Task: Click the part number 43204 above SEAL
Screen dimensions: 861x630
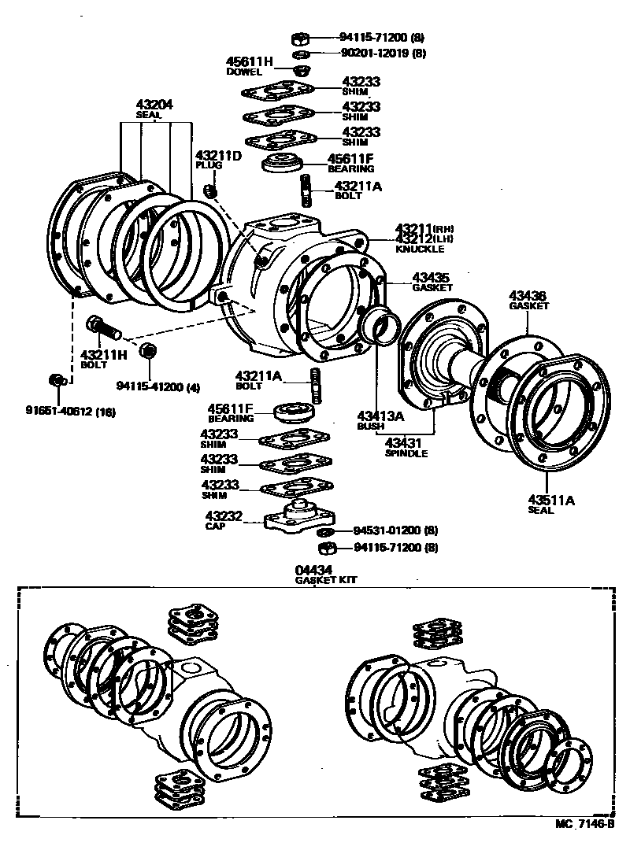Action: tap(154, 104)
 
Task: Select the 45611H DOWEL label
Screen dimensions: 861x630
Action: tap(249, 66)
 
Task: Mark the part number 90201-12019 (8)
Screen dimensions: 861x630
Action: tap(383, 54)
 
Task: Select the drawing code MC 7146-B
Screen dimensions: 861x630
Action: tap(584, 823)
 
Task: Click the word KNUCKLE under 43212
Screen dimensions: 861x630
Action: tap(419, 249)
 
